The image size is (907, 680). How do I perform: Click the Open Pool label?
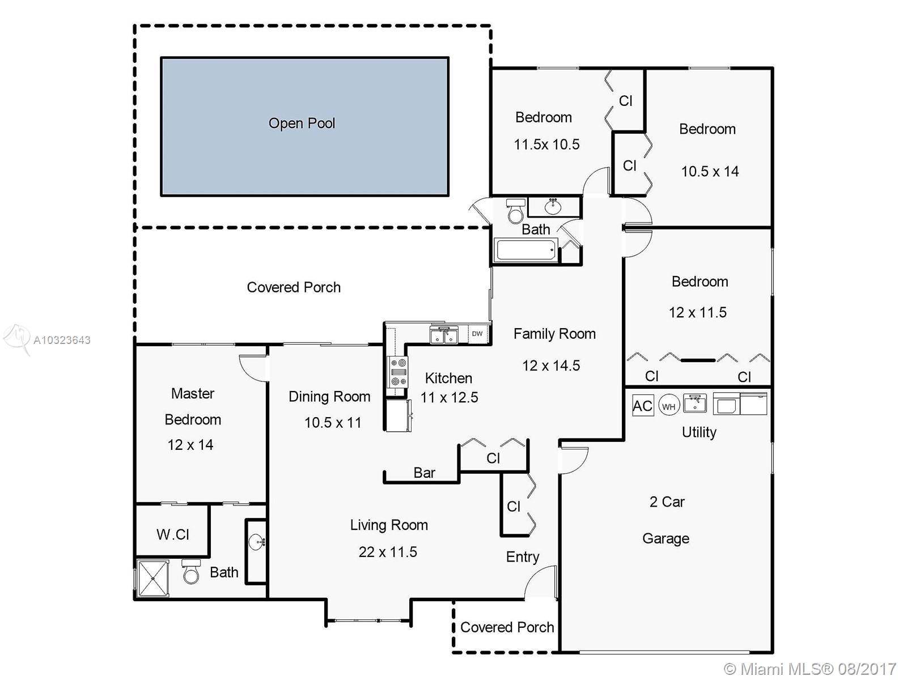pyautogui.click(x=302, y=124)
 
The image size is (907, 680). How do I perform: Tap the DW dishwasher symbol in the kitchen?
pyautogui.click(x=477, y=334)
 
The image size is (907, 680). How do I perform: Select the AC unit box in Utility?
pyautogui.click(x=642, y=405)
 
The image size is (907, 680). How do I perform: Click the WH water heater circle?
pyautogui.click(x=668, y=406)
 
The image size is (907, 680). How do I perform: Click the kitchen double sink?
pyautogui.click(x=444, y=335)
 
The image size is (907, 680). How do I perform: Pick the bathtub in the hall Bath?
pyautogui.click(x=526, y=249)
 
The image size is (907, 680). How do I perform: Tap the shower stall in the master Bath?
pyautogui.click(x=153, y=578)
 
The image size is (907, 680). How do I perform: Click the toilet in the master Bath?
pyautogui.click(x=191, y=571)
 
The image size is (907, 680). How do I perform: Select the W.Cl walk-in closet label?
pyautogui.click(x=173, y=535)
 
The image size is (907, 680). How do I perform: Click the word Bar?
pyautogui.click(x=425, y=473)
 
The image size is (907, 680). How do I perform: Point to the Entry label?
pyautogui.click(x=523, y=557)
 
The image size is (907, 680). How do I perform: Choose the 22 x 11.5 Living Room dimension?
pyautogui.click(x=388, y=552)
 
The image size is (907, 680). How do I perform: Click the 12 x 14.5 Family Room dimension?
pyautogui.click(x=551, y=365)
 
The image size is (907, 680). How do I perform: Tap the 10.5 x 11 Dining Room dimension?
pyautogui.click(x=333, y=422)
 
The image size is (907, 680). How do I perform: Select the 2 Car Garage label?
pyautogui.click(x=666, y=520)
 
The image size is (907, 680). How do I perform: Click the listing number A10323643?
pyautogui.click(x=62, y=340)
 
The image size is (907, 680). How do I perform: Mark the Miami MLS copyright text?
pyautogui.click(x=810, y=669)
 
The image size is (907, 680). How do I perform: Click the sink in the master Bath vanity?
pyautogui.click(x=257, y=541)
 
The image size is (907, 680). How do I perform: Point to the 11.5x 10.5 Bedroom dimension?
pyautogui.click(x=546, y=144)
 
